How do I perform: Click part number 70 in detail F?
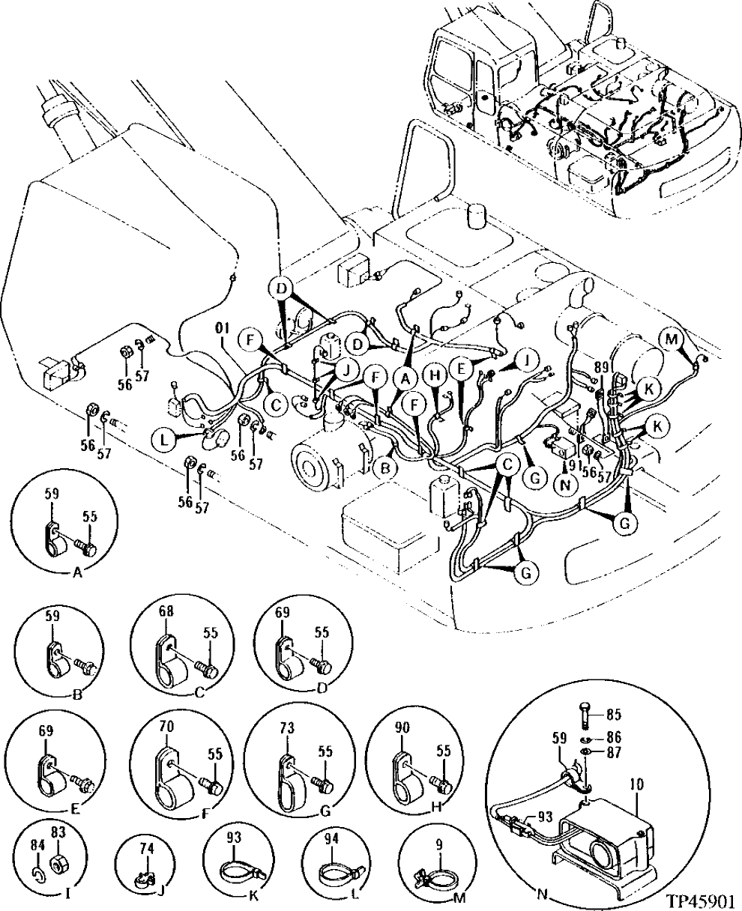[166, 726]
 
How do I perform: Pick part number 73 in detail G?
[287, 727]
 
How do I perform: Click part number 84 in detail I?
[36, 844]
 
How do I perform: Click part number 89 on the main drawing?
[600, 366]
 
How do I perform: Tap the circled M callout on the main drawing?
[672, 339]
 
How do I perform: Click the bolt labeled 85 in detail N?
[585, 715]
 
